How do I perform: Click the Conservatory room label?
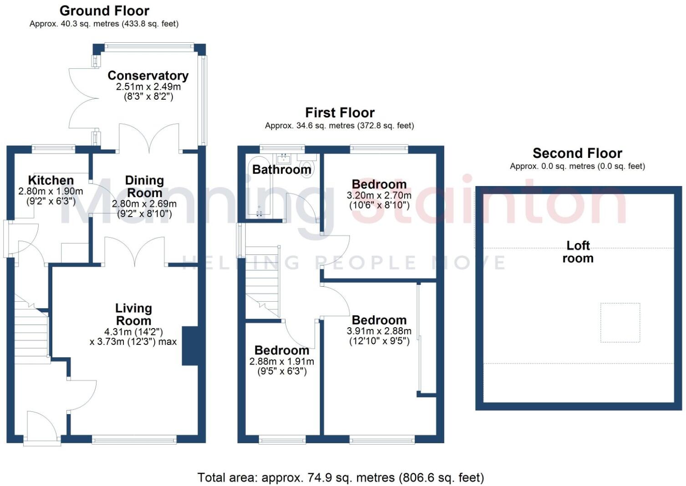[x=147, y=76]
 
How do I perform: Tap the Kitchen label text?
[x=51, y=180]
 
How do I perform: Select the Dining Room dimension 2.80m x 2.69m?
[x=144, y=204]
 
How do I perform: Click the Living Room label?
[x=133, y=314]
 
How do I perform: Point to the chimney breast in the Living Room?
[x=190, y=346]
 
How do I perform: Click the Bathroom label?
[x=281, y=170]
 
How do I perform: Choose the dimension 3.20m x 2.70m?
[x=379, y=195]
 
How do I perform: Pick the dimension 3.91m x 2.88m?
[x=379, y=331]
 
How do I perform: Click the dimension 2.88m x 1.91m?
[x=281, y=361]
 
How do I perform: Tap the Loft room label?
[x=578, y=252]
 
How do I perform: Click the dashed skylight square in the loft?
[x=620, y=323]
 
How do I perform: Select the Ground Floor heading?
[x=104, y=10]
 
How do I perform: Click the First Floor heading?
[x=340, y=112]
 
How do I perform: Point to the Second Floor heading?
[x=577, y=153]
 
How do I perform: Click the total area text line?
[x=340, y=477]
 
